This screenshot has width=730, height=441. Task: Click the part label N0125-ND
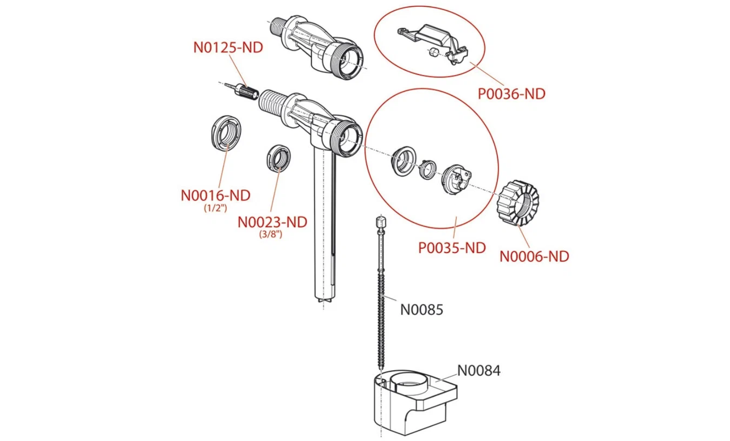pos(228,48)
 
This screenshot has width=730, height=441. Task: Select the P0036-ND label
pos(511,94)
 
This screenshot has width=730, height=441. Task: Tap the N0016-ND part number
pos(215,195)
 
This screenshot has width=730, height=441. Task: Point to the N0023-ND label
pos(272,222)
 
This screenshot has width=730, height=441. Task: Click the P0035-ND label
pos(452,248)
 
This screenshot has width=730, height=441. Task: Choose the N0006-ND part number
pos(534,256)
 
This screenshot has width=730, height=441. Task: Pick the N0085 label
pos(421,310)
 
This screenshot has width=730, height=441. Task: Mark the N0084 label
pos(479,370)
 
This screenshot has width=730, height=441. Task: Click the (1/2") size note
pos(215,208)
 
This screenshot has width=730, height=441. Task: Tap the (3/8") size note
pos(271,234)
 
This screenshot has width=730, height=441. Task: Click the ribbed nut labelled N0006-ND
pos(518,202)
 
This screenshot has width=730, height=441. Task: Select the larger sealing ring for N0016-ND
pos(226,133)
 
